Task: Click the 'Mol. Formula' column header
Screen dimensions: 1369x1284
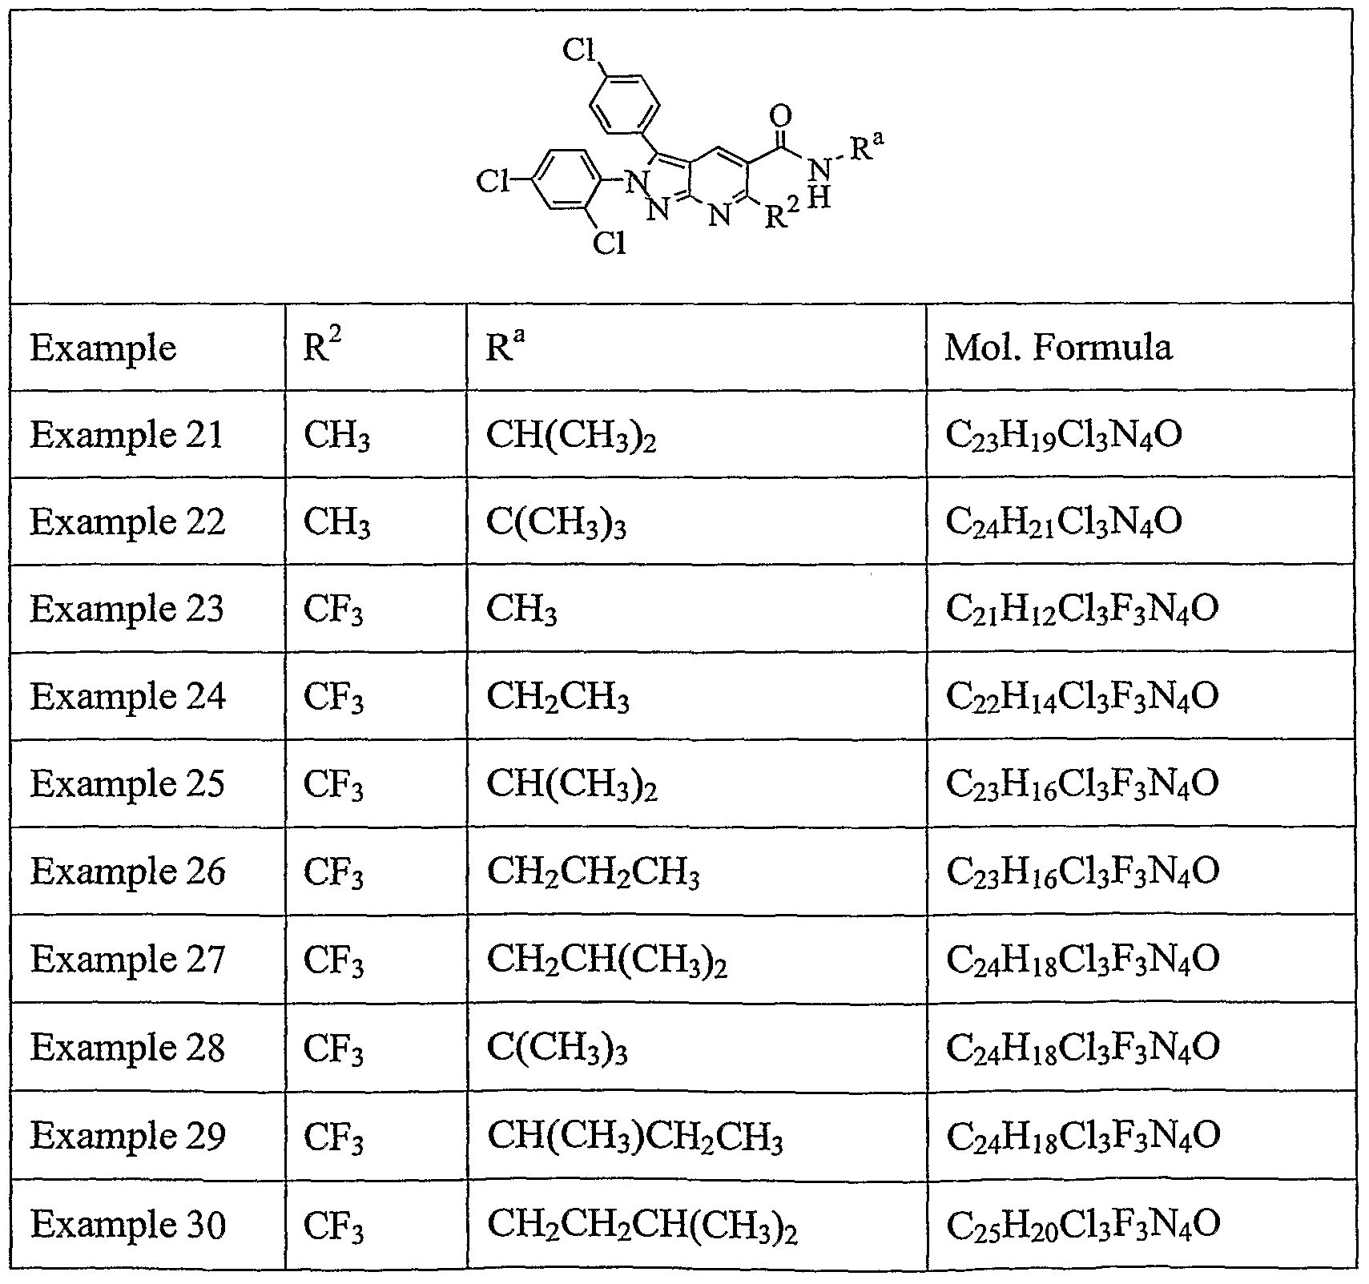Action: click(1057, 347)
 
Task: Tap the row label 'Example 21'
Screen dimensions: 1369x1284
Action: click(127, 434)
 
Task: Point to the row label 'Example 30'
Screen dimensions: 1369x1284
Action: click(128, 1223)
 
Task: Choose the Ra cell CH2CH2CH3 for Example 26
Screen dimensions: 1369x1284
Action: click(593, 874)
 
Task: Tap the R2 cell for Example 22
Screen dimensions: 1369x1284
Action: click(336, 523)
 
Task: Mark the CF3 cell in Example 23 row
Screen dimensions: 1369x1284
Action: click(333, 610)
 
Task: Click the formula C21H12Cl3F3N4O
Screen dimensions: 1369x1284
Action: click(1082, 610)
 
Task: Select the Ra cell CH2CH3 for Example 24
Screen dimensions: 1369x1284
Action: click(558, 698)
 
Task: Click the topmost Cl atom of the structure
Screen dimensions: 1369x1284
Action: click(578, 50)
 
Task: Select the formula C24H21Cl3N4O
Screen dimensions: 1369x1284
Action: click(1064, 523)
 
